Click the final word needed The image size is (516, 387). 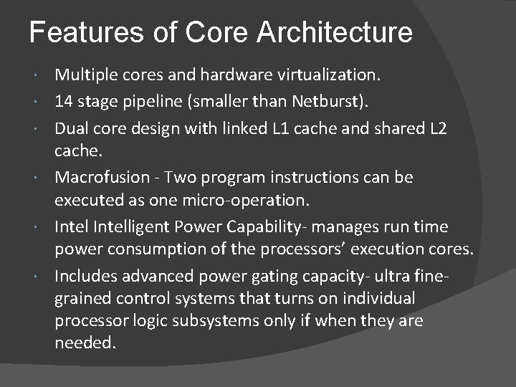tap(84, 343)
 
